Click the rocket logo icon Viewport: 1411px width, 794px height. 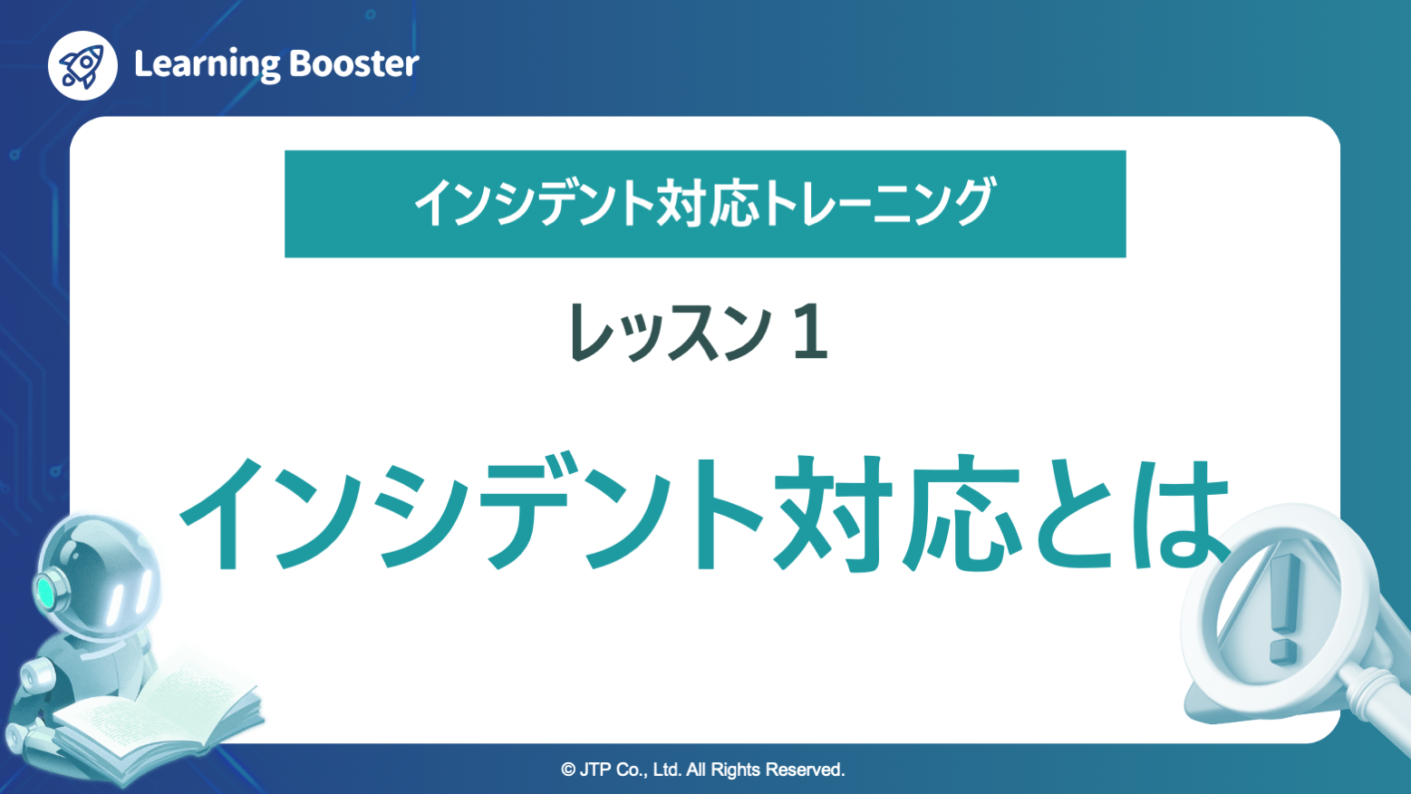(82, 65)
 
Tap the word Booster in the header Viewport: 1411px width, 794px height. (353, 63)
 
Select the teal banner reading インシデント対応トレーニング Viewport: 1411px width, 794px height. (705, 204)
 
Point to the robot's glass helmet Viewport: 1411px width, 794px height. (100, 571)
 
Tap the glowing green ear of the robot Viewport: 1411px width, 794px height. (45, 592)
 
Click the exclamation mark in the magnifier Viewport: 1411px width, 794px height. (1282, 607)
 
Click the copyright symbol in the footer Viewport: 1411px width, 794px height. (568, 770)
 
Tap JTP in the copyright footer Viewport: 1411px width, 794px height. (594, 770)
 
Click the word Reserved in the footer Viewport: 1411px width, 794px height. (805, 770)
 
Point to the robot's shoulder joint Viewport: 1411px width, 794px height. (36, 675)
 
